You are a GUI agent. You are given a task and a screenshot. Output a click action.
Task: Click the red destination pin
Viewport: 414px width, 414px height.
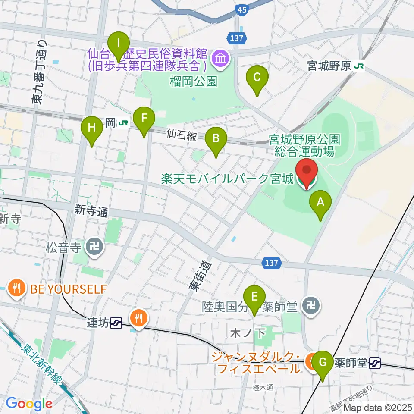point(306,174)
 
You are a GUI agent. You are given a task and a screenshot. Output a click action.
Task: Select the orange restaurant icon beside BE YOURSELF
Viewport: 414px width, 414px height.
point(17,288)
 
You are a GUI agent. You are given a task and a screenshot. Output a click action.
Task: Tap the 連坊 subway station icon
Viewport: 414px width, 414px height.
point(116,322)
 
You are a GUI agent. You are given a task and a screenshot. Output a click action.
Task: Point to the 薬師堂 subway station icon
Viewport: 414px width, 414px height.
point(375,363)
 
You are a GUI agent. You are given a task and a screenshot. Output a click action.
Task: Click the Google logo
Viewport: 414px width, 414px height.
point(29,404)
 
